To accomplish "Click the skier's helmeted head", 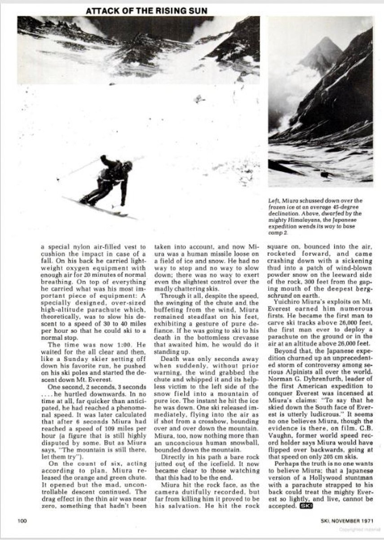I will (128, 166).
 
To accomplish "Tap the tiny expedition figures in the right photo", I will (324, 173).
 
